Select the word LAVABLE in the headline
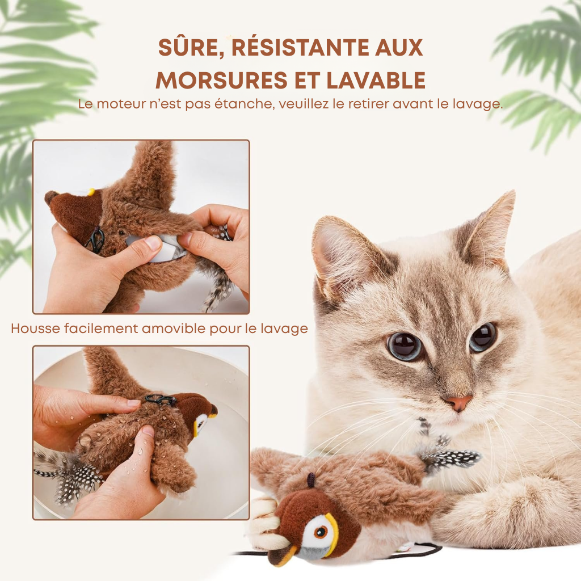[376, 80]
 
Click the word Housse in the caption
[35, 329]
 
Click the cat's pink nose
[458, 402]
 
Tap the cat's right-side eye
[483, 337]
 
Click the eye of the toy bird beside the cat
[321, 532]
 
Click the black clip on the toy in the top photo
[95, 240]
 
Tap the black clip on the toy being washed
[160, 399]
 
